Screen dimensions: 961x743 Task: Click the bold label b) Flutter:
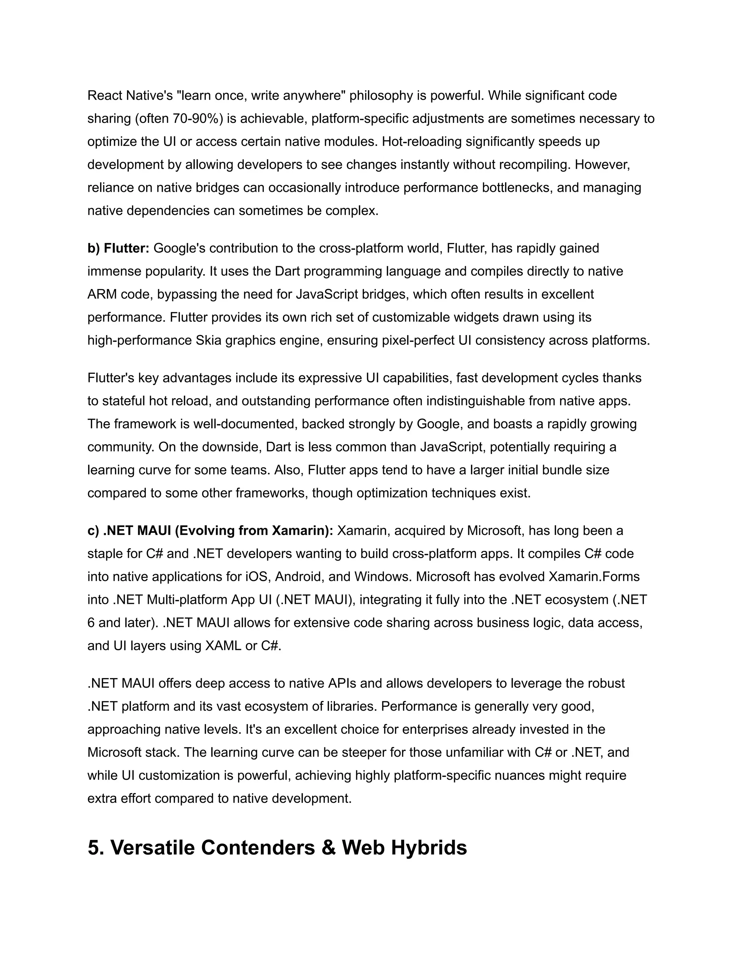tap(118, 248)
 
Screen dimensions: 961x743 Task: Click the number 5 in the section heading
tap(94, 847)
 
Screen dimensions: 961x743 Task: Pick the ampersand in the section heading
tap(328, 847)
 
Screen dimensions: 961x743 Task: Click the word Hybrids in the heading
tap(429, 847)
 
